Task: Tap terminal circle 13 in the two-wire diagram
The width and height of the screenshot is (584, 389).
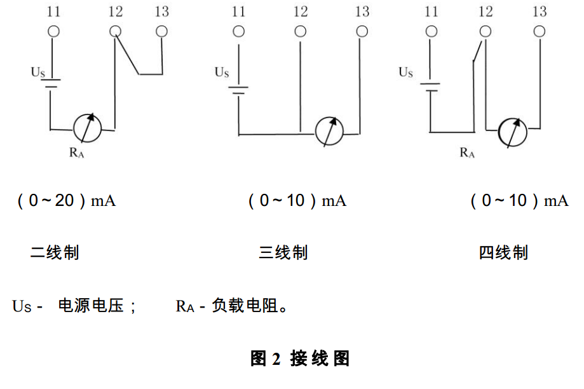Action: point(162,31)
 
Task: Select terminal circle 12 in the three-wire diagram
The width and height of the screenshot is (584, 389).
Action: point(300,31)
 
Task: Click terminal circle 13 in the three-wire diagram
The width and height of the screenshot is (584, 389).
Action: point(362,31)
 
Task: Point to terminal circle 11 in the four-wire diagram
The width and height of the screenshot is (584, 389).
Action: point(431,31)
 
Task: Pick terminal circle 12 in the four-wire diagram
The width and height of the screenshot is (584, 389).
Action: point(485,31)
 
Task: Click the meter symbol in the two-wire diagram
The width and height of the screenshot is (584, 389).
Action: point(87,128)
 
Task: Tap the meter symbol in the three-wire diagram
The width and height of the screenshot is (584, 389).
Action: point(330,132)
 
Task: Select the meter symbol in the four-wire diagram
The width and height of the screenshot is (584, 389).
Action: point(512,132)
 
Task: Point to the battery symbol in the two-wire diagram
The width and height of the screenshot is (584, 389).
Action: point(51,83)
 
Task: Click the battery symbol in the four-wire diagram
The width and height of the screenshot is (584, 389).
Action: point(431,86)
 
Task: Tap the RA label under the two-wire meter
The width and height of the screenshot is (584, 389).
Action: point(77,153)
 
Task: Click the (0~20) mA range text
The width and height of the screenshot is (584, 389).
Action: point(66,201)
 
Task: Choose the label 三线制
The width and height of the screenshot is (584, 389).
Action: point(283,253)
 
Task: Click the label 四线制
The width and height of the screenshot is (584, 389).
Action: point(503,253)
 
